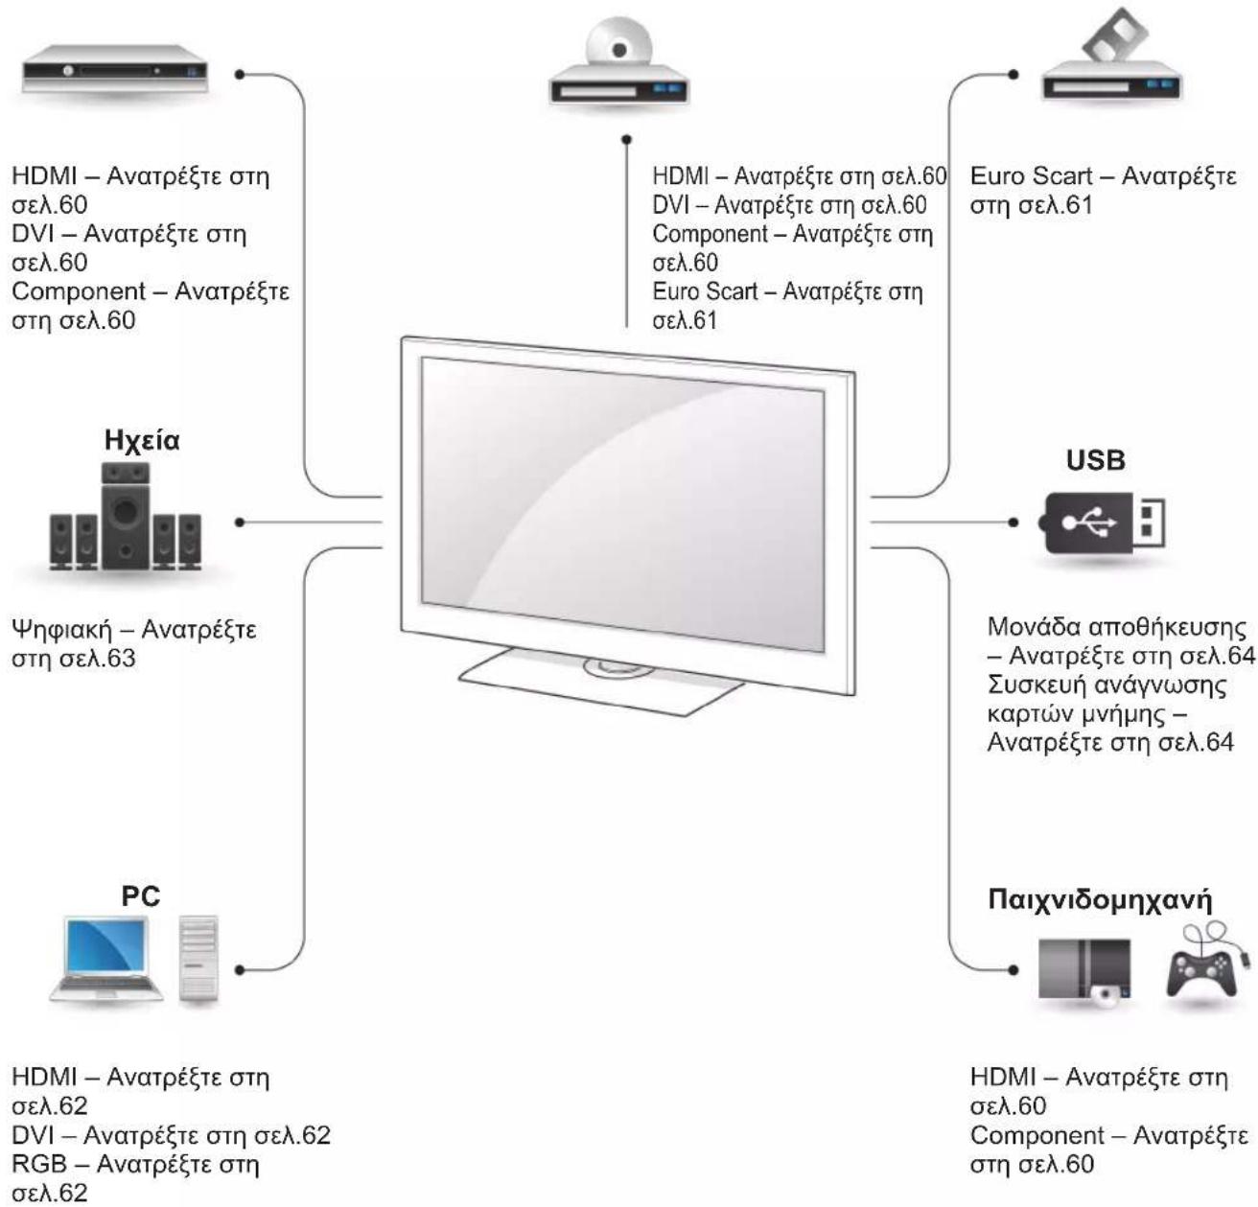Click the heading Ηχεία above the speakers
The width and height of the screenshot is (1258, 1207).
pos(142,441)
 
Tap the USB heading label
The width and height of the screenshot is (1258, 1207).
pos(1095,460)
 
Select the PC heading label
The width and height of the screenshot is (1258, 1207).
pos(140,896)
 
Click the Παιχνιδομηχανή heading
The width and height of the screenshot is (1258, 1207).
pos(1100,901)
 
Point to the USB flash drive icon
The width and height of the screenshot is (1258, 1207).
pos(1103,522)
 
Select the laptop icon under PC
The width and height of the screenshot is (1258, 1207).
pos(105,959)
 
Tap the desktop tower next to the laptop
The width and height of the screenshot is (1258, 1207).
pos(198,959)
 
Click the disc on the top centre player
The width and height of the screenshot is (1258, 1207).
pos(618,48)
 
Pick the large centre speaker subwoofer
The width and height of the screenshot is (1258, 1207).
pos(126,513)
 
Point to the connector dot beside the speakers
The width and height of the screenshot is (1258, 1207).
pos(240,522)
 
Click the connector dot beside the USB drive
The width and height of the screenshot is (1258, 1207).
pos(1013,522)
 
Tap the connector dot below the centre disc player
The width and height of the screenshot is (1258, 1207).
pos(627,140)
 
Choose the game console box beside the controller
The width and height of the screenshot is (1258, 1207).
pos(1084,970)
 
